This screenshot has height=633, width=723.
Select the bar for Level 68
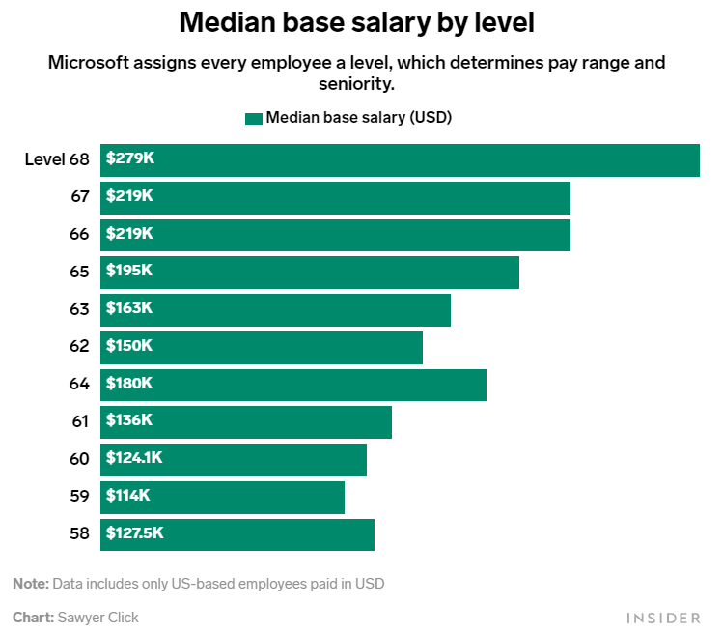click(400, 159)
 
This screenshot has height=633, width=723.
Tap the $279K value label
click(129, 158)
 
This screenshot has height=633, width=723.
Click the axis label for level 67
click(79, 196)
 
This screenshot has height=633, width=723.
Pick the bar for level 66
click(335, 234)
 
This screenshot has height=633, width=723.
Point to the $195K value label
click(129, 271)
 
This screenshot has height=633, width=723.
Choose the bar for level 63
click(275, 309)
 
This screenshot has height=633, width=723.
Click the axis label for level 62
click(79, 346)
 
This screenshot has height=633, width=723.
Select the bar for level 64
click(293, 384)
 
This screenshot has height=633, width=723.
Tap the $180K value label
click(129, 383)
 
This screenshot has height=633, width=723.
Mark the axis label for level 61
click(79, 420)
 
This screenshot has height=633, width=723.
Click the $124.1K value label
click(134, 458)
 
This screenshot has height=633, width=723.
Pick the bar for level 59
click(222, 497)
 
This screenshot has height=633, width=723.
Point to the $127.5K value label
click(134, 532)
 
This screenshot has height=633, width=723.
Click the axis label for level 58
click(79, 533)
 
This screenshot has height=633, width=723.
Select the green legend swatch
click(254, 119)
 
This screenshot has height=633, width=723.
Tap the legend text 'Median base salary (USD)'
click(359, 118)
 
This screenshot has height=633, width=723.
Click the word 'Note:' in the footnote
click(30, 584)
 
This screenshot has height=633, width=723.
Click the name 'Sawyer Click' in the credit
click(97, 617)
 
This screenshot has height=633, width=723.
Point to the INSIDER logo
click(663, 617)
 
